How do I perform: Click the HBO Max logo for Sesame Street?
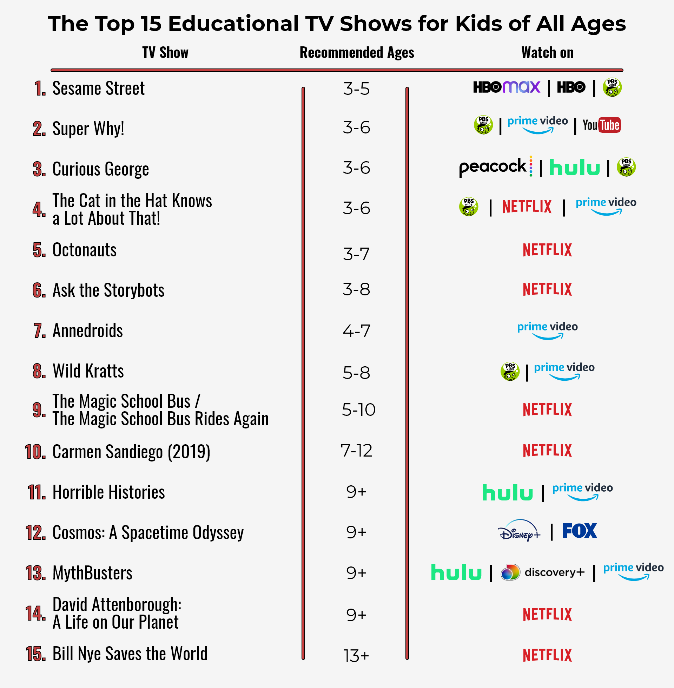point(506,87)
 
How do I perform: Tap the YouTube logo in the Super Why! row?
point(601,125)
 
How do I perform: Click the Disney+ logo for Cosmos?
point(519,531)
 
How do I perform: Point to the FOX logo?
point(580,531)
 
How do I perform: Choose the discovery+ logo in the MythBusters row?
point(542,572)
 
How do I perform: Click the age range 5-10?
point(358,410)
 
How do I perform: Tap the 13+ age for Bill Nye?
point(356,655)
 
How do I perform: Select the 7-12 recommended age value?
point(356,450)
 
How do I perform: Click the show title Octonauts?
point(84,250)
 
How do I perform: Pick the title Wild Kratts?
point(88,371)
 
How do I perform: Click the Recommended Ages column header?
point(356,53)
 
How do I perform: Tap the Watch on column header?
point(547,53)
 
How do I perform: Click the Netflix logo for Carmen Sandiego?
point(547,450)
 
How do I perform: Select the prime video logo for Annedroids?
point(547,329)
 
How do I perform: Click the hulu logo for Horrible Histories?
point(507,492)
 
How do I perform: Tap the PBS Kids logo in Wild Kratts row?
point(510,372)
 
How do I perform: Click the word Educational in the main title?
point(233,24)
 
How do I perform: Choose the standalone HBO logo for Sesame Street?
point(571,87)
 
